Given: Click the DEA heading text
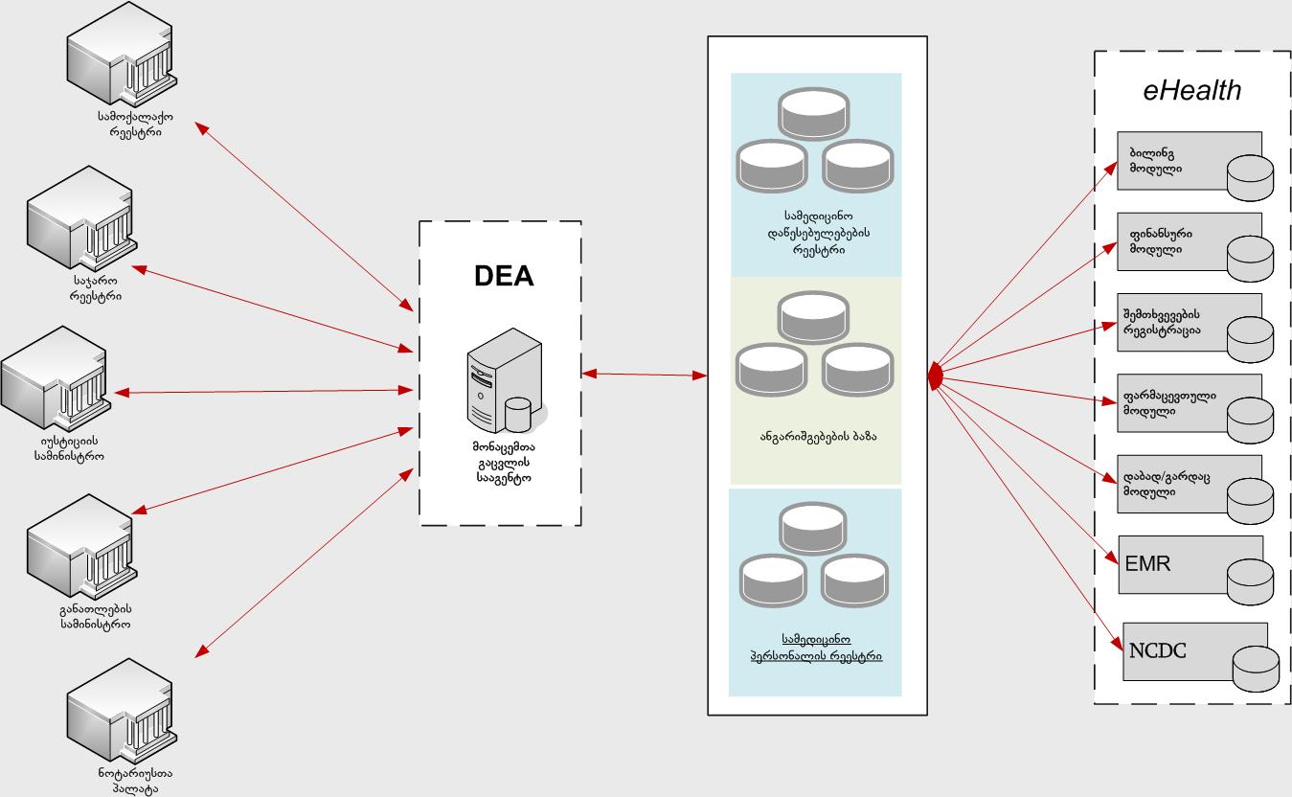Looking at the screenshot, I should click(x=504, y=276).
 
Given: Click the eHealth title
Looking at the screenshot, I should click(x=1192, y=90).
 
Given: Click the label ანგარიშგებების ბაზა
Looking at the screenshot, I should click(x=817, y=436).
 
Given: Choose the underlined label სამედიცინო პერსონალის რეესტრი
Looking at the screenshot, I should click(x=816, y=648).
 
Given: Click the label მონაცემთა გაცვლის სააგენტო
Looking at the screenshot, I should click(x=501, y=461).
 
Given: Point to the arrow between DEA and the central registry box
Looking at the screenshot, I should click(x=644, y=375).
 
